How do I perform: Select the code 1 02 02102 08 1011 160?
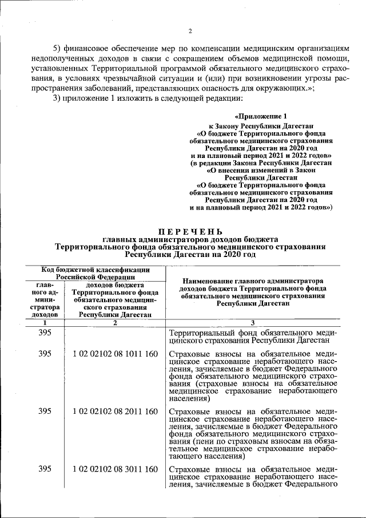coord(115,354)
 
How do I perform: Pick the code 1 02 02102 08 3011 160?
coord(115,469)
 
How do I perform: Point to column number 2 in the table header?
coord(115,323)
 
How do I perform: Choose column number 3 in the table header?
coord(252,323)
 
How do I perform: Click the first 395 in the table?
coord(45,333)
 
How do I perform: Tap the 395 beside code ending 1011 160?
coord(45,354)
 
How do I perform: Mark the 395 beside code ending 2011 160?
coord(45,411)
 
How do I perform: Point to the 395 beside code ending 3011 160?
coord(45,469)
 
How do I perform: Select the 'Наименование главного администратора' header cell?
coord(252,292)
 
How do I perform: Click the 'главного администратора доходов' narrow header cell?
coord(45,299)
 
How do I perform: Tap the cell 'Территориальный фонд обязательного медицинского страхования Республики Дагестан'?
coord(252,337)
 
